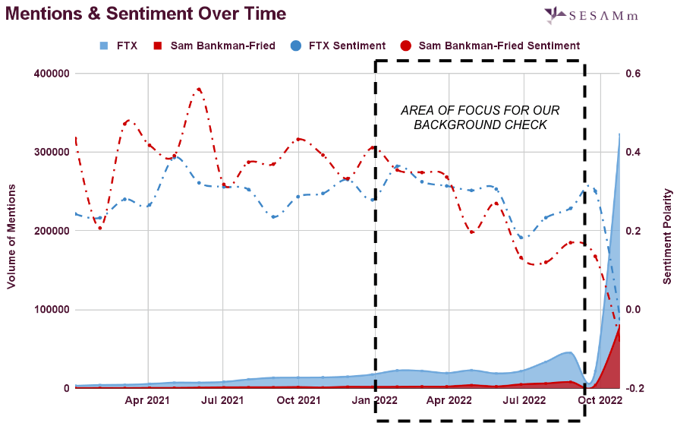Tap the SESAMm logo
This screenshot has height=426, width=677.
pos(601,14)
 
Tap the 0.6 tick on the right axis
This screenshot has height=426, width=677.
pos(633,74)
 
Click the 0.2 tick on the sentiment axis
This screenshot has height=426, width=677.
pos(633,231)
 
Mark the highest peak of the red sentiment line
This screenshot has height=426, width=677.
pos(199,89)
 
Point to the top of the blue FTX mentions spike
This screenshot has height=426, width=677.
pos(619,134)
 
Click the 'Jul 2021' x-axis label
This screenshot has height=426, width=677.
pos(222,399)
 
